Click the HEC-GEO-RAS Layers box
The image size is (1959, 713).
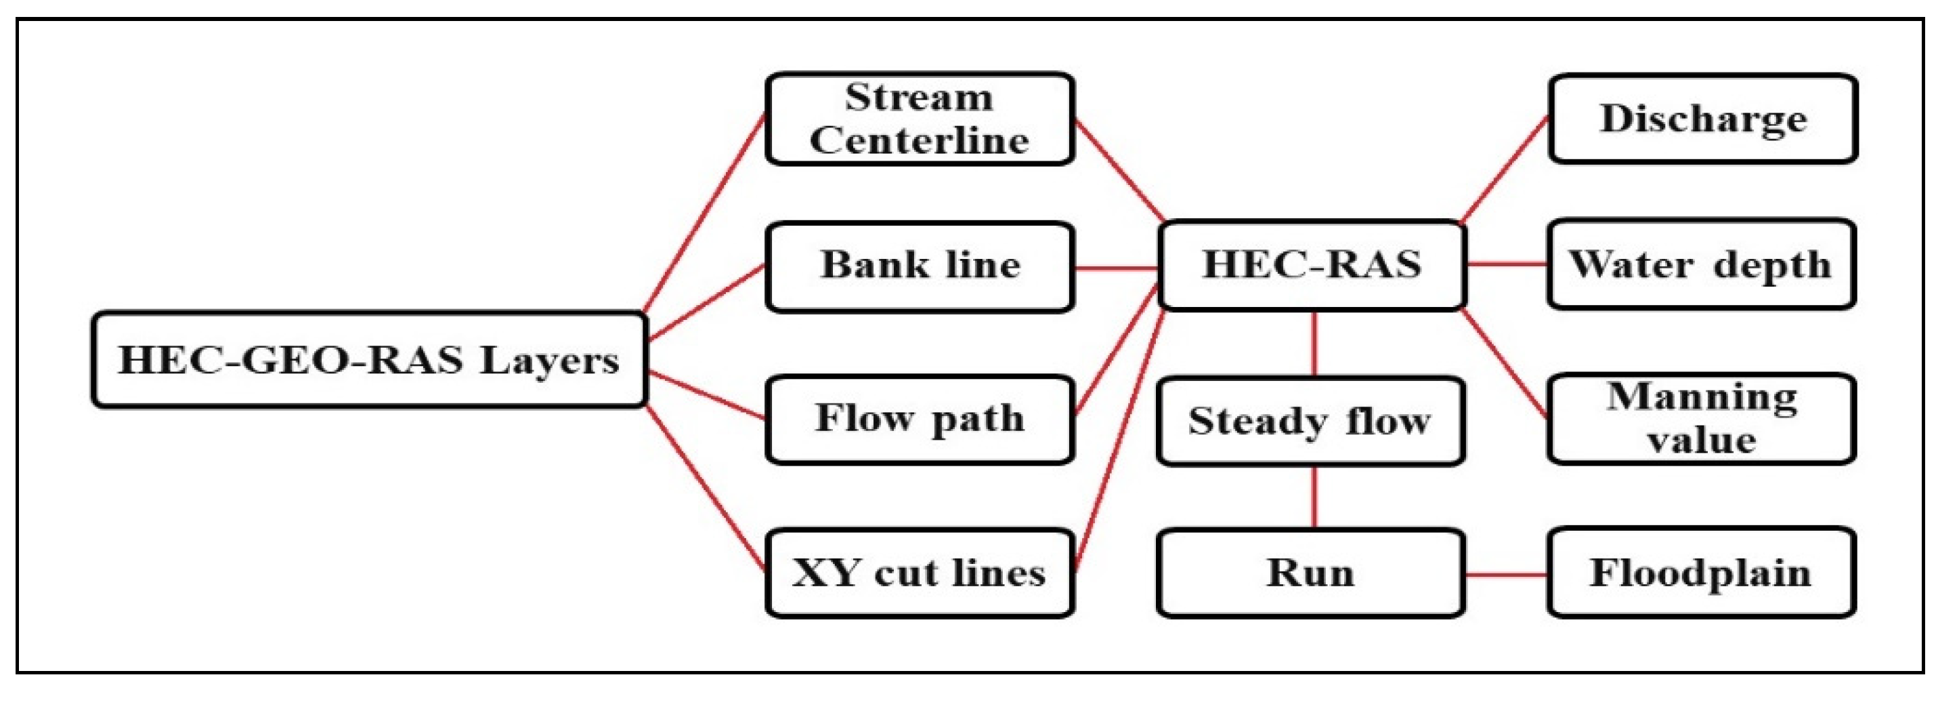tap(370, 360)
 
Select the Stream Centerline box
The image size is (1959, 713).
tap(920, 119)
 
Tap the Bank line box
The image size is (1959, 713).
tap(920, 267)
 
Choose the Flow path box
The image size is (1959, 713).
tap(920, 420)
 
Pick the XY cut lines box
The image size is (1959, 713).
tap(920, 573)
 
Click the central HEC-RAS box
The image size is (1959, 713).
tap(1312, 266)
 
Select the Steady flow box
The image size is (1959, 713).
tap(1310, 421)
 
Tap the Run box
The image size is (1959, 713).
tap(1310, 573)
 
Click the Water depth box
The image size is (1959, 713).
tap(1701, 265)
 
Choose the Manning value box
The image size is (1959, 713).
tap(1701, 419)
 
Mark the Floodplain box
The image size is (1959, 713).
tap(1701, 573)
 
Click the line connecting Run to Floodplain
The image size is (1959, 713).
tap(1506, 575)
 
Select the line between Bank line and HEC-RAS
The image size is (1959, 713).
tap(1116, 268)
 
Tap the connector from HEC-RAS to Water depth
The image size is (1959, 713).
tap(1506, 264)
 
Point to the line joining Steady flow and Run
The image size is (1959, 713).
tap(1315, 497)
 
